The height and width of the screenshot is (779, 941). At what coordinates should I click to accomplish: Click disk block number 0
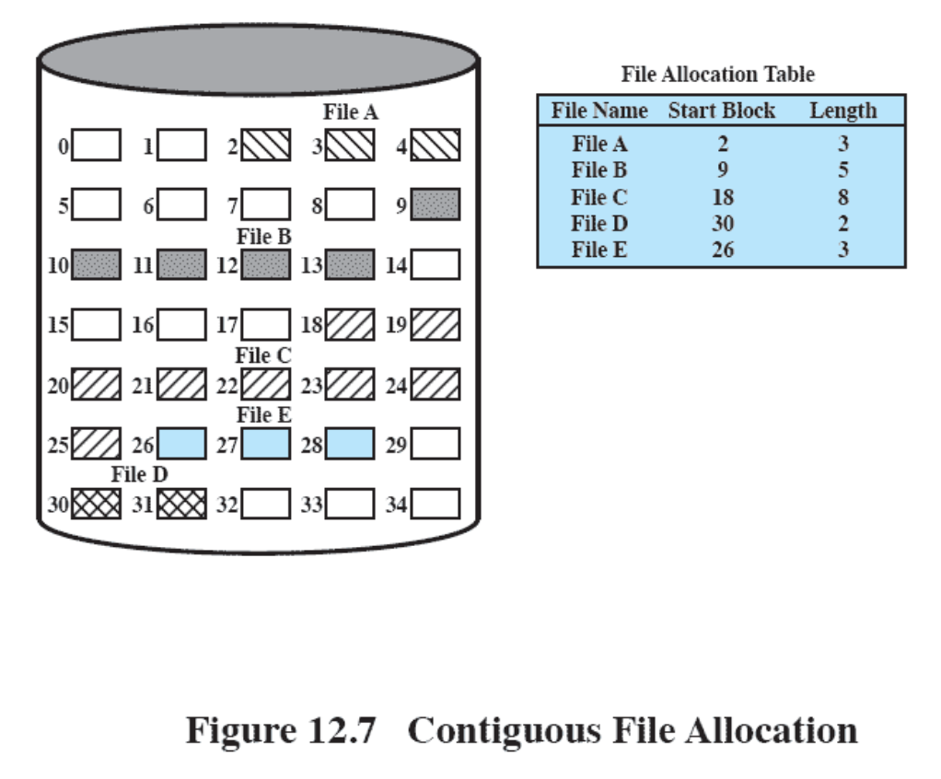96,145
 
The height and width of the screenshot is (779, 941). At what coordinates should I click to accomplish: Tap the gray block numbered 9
436,204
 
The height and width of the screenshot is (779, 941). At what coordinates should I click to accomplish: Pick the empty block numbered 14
436,265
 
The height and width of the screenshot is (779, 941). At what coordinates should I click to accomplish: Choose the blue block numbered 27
266,445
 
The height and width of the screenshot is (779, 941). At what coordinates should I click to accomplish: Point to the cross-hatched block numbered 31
181,504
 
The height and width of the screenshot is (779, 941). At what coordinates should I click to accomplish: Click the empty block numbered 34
436,504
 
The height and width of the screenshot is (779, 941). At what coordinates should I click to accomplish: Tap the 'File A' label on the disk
350,112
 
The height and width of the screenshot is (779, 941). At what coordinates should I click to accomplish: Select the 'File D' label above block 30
139,475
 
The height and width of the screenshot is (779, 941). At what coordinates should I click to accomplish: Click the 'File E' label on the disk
263,415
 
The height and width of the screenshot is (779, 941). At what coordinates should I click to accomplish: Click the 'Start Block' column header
722,110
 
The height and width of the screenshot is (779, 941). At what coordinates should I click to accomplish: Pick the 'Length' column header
842,110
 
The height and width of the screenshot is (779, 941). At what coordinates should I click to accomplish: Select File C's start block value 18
723,197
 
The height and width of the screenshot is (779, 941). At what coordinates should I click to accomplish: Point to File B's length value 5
843,170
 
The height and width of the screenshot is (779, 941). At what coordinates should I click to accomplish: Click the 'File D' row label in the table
600,224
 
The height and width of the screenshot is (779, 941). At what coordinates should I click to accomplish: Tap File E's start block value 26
723,250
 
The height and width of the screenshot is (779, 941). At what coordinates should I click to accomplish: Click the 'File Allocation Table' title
717,75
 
